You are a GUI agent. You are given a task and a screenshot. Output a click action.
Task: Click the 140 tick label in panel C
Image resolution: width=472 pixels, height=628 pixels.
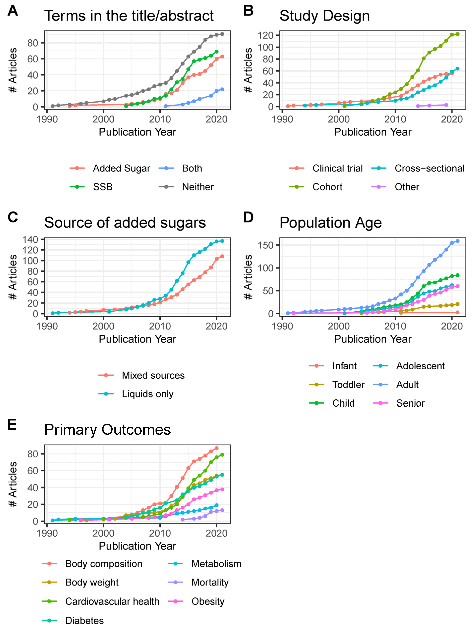coord(30,240)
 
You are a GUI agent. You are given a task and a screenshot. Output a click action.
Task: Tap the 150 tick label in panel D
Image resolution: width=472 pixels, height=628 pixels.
coord(265,245)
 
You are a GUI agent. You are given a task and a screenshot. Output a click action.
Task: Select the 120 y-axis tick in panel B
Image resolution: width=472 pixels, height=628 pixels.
coord(265,35)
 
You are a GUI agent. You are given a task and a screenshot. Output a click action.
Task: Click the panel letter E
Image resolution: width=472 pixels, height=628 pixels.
coord(12,425)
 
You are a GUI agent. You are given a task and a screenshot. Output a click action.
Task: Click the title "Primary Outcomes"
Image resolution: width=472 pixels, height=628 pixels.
coord(107,430)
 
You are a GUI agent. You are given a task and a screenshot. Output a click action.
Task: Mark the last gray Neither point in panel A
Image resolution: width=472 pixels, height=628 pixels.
coord(222,34)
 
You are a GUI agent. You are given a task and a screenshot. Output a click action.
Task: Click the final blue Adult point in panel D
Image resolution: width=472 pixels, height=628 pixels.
coord(457,241)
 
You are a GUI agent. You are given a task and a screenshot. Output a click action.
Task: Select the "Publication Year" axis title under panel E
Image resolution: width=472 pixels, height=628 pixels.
coord(137,546)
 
